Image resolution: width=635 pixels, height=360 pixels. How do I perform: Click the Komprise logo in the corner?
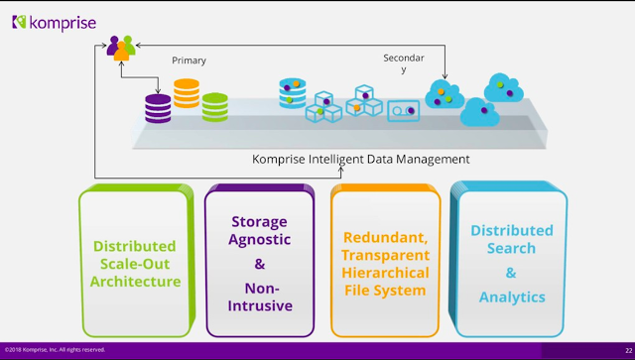point(55,23)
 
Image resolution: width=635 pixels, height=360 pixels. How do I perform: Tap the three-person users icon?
point(121,49)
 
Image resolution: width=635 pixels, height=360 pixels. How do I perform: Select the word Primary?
point(189,60)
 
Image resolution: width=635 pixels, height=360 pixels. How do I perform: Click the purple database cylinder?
point(158,108)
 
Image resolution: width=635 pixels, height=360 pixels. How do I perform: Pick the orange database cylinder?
point(187,93)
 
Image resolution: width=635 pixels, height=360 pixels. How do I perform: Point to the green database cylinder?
point(215,107)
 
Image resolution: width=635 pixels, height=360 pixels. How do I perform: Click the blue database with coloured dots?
point(293,93)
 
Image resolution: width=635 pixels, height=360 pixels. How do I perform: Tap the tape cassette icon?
point(404,110)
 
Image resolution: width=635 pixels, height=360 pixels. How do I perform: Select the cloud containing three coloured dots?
point(444,94)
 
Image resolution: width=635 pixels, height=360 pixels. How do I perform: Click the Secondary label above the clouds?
point(404,63)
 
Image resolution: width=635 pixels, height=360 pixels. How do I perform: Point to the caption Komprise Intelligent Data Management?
point(361,159)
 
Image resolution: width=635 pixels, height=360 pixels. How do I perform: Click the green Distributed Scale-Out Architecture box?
point(137,261)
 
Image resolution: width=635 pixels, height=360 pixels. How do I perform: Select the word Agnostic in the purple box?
point(260,240)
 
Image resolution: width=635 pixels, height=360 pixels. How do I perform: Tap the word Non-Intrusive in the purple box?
point(260,297)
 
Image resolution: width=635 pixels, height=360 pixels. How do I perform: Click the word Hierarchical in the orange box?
point(385,273)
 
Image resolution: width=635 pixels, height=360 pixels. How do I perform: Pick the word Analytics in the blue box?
point(512,298)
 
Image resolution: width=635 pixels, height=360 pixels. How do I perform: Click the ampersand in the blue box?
point(511,273)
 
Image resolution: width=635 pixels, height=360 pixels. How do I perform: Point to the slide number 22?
point(628,351)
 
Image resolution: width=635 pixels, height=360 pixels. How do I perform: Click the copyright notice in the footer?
point(56,349)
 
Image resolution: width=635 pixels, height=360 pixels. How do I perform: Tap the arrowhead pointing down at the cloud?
point(444,76)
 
